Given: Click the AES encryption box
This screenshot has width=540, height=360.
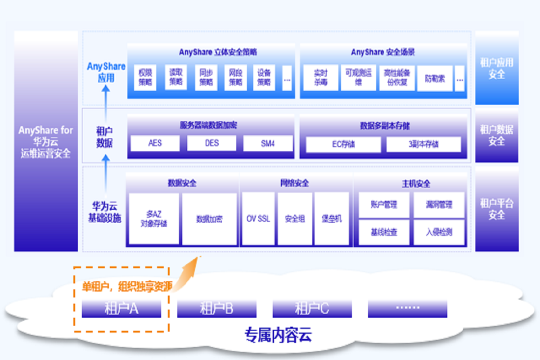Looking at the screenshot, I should click(x=155, y=143).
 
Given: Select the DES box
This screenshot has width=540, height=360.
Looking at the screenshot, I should click(x=211, y=143).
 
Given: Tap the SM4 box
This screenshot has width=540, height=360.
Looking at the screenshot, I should click(x=268, y=143).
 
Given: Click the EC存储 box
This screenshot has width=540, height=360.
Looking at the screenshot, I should click(x=343, y=144).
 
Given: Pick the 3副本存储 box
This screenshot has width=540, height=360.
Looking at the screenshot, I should click(x=423, y=144).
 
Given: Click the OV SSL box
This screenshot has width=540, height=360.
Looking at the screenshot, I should click(x=258, y=219).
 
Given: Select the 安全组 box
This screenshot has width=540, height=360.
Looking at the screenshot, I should click(x=295, y=219).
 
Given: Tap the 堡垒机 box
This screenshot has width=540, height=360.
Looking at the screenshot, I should click(x=332, y=219).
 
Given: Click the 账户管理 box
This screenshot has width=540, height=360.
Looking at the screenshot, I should click(x=384, y=205).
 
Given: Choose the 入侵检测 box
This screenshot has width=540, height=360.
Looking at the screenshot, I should click(x=439, y=232).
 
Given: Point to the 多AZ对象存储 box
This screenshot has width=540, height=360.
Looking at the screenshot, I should click(x=154, y=219).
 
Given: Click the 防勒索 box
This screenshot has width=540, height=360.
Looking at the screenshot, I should click(x=435, y=78).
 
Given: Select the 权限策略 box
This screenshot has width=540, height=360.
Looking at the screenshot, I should click(x=145, y=77).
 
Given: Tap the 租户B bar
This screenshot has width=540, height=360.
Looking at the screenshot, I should click(x=216, y=309).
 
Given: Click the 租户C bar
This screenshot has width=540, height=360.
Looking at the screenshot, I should click(x=312, y=309).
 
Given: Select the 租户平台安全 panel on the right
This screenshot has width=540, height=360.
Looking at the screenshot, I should click(x=497, y=209).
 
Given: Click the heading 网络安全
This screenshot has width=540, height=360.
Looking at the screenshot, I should click(x=295, y=183).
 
